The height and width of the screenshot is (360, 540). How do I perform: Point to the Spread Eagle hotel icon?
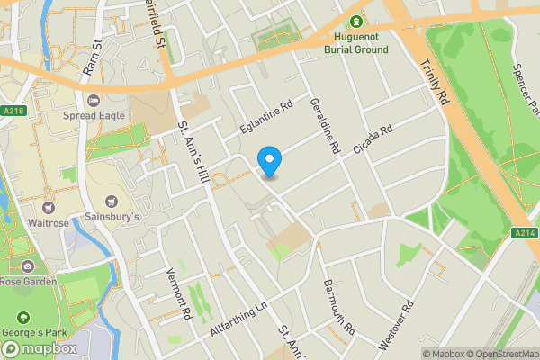[94, 98]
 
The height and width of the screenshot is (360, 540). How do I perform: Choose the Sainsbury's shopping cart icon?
[112, 201]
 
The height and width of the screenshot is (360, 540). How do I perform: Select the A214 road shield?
[526, 233]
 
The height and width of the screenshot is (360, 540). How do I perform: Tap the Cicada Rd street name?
[373, 140]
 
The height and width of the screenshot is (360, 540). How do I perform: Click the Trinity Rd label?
[434, 82]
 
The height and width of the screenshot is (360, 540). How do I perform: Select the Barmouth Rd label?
[338, 307]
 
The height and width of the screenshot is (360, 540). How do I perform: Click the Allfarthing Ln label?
[239, 320]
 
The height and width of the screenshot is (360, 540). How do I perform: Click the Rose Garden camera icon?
[28, 266]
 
